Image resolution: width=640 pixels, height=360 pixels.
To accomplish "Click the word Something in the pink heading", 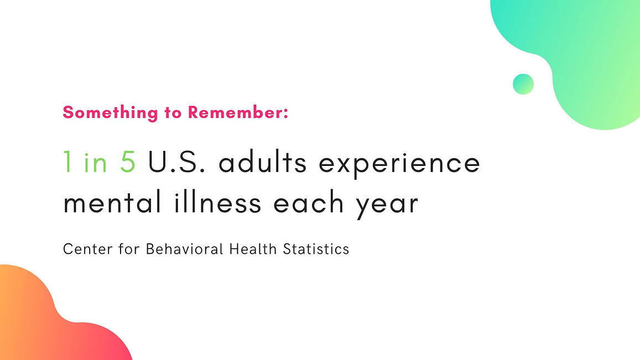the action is coord(110,113).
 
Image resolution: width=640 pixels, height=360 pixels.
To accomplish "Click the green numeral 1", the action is coord(67,161).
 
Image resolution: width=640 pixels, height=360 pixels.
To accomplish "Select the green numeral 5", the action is coord(128,161).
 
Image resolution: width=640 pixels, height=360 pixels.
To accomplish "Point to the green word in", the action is coord(96,162).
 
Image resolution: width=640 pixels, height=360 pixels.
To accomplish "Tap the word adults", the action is coord(262,161).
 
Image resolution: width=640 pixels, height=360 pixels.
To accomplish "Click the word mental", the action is coord(112,201).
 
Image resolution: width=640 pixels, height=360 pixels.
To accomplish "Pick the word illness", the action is coord(217,201).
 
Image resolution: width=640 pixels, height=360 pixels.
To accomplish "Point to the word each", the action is coord(309,201).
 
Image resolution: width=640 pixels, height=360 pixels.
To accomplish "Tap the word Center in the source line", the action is coord(88,249).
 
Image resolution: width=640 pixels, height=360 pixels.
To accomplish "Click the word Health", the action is coord(253,249).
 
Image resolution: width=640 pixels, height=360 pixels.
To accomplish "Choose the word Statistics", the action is coord(316,249).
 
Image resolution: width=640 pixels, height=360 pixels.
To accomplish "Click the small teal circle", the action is coord(523,84).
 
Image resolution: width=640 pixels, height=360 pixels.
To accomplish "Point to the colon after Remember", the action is coord(286,113).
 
